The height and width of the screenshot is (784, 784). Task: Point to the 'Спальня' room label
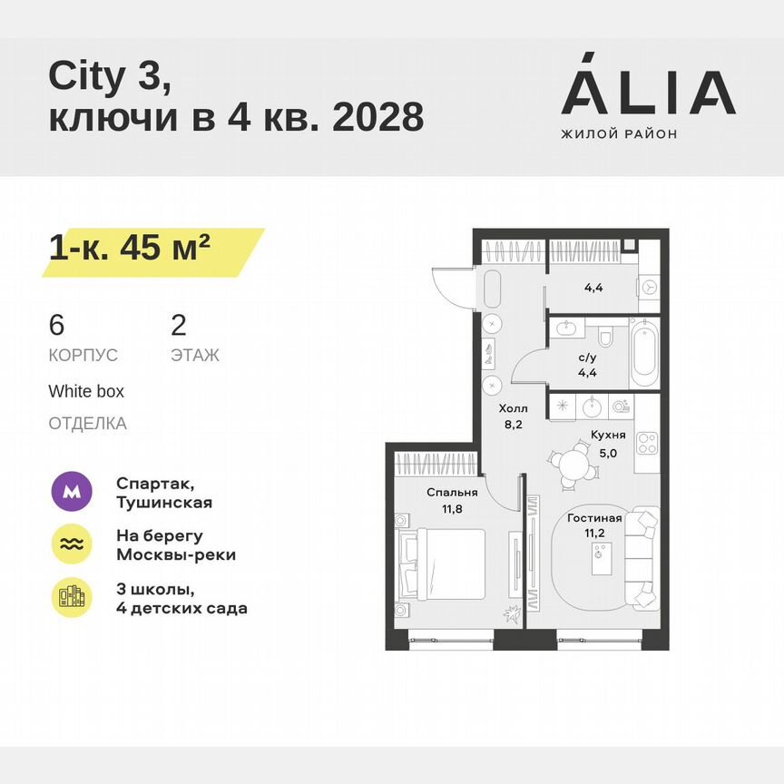coord(452,493)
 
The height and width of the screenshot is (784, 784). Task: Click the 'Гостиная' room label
coord(594,518)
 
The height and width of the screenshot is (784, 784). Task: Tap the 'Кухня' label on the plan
coord(606,435)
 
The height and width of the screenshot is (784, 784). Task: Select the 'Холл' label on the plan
coord(513,409)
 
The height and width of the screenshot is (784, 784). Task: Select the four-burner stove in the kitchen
coord(647,444)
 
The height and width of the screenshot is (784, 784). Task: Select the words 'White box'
coord(86,392)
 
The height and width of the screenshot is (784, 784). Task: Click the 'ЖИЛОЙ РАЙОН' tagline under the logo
coord(619,134)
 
